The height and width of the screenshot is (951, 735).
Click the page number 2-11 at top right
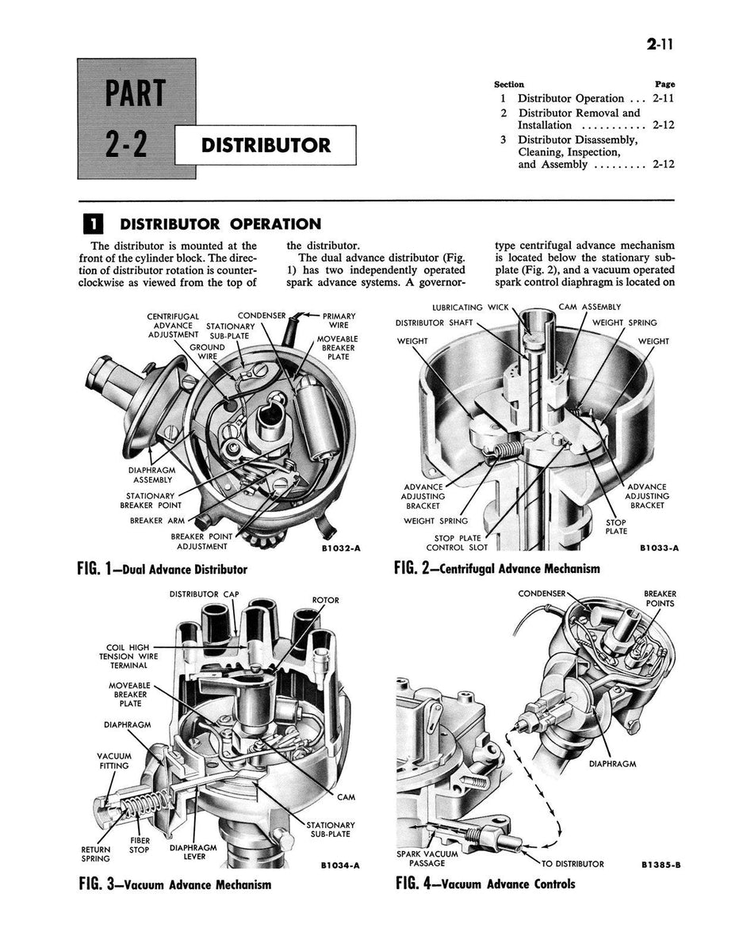[659, 45]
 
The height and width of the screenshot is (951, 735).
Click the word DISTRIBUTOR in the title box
[266, 146]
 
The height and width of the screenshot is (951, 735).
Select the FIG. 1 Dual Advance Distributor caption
[163, 569]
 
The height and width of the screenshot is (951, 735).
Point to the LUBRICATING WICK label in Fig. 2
[469, 307]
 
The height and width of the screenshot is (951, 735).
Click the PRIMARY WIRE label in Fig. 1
[339, 320]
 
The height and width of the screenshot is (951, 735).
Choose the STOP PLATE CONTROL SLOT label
[456, 542]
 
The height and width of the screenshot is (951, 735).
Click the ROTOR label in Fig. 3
[325, 600]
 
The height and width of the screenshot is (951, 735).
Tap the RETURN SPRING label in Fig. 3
[96, 853]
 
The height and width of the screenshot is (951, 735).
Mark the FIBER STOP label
[140, 846]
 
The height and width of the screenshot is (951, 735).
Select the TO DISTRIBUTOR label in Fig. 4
[572, 864]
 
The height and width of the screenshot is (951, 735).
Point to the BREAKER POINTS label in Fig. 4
[660, 598]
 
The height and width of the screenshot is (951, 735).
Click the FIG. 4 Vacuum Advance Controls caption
[485, 884]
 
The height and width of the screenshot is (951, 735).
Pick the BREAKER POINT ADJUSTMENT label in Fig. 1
[201, 541]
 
